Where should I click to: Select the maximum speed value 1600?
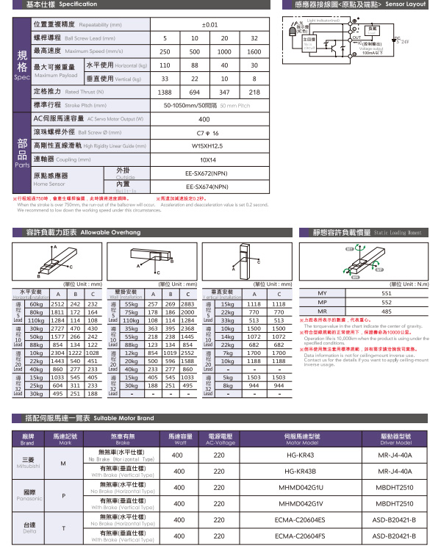(x=254, y=52)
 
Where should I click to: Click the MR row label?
(x=321, y=311)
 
